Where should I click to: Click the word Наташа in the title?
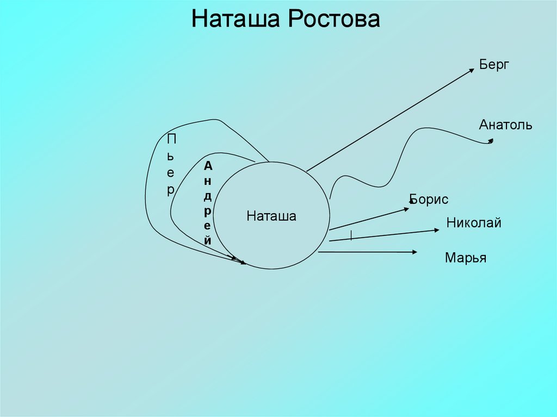coord(235,20)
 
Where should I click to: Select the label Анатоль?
coord(505,125)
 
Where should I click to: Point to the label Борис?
coord(429,200)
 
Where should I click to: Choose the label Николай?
coord(473,222)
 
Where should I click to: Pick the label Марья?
coord(465,258)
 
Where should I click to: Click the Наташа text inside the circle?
coord(271,216)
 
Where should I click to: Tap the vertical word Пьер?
coord(171,165)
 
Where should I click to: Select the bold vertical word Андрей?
coord(208,202)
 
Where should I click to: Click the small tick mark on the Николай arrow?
coord(351,235)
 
